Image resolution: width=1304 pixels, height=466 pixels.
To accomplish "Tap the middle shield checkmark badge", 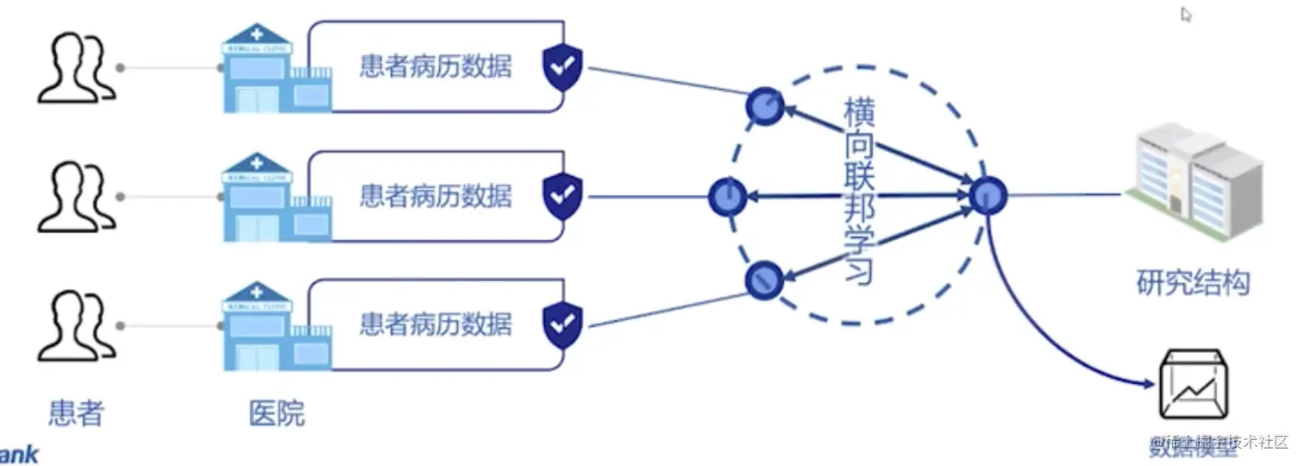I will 562,196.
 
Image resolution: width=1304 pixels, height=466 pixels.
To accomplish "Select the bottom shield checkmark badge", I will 562,324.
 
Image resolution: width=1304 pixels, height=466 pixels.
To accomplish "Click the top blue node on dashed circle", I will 764,106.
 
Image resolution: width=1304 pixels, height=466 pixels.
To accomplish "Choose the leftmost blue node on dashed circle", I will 727,197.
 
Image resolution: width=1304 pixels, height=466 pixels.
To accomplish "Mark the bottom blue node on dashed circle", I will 763,278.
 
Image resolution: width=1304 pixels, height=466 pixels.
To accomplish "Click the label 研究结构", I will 1193,282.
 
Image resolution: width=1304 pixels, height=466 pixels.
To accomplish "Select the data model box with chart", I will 1194,385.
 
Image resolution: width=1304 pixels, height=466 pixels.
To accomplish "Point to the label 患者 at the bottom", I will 76,413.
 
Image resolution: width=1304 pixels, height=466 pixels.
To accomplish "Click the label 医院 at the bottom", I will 277,413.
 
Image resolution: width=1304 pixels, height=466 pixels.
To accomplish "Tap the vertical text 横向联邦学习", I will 859,192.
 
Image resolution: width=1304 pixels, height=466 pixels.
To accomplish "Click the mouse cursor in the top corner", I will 1187,14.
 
